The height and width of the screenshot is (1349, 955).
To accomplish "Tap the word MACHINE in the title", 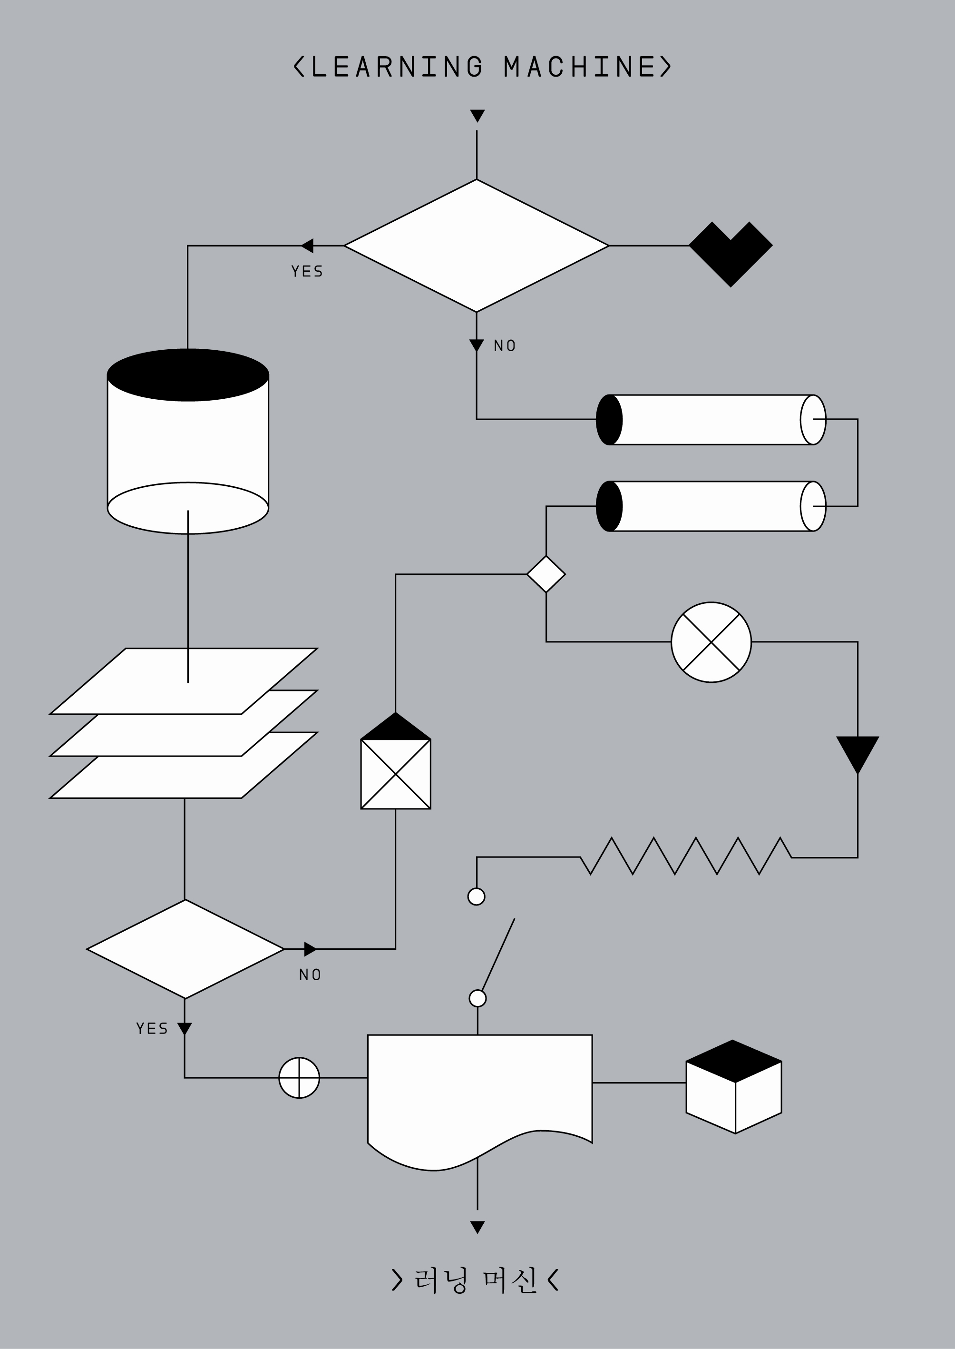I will click(x=579, y=67).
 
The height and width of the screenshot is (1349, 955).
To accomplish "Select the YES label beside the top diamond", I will click(x=307, y=271).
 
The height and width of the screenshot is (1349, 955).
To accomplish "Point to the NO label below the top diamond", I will click(x=505, y=346).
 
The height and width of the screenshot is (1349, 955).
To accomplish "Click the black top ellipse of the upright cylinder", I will click(x=187, y=375).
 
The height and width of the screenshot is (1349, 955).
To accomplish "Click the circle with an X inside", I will click(x=711, y=642).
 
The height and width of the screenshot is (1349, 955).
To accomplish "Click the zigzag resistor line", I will click(x=685, y=857).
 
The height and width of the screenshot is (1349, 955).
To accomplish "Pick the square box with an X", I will click(x=395, y=774).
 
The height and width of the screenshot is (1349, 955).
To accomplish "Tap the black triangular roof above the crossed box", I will click(x=395, y=728).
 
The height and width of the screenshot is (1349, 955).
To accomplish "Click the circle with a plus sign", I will click(x=299, y=1077).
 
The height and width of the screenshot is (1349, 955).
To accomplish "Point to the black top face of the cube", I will click(x=733, y=1061).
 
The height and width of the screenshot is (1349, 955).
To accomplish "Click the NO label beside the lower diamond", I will click(x=310, y=975).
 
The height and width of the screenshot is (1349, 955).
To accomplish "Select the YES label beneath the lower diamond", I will click(x=152, y=1028).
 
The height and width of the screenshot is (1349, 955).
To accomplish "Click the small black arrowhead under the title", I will click(x=477, y=115).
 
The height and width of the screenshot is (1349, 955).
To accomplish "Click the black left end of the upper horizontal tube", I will click(x=609, y=420).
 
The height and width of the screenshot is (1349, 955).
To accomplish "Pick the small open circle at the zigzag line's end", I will click(x=477, y=896).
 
